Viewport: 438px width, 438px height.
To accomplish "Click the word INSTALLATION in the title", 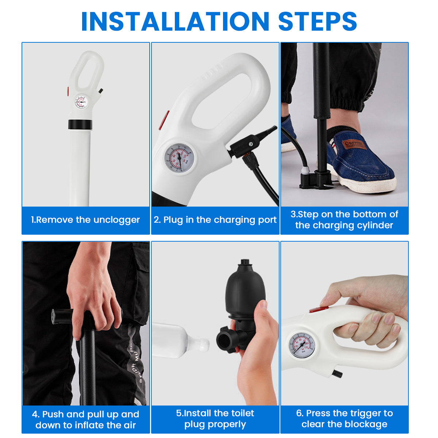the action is coord(175,22).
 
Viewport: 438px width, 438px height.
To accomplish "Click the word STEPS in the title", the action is coord(317,22).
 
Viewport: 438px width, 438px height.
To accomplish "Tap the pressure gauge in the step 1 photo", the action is coord(81,102).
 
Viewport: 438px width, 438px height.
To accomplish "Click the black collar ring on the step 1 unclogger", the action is coord(80,124).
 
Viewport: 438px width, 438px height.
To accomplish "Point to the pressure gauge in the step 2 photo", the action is coord(179,159).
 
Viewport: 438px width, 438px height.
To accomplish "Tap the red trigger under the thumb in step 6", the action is coord(319,309).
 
